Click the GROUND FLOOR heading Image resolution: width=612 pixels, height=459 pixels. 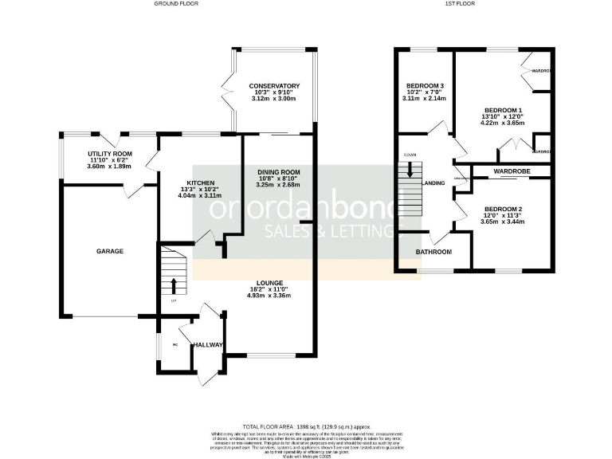coord(176,4)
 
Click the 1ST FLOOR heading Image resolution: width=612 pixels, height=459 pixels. coord(456,4)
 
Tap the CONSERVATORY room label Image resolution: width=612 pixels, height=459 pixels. coord(273,85)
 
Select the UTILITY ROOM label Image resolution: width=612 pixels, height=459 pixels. coord(110,153)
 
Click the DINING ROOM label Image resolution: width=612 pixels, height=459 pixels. coord(278,172)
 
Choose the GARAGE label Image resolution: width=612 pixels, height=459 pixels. coord(110,251)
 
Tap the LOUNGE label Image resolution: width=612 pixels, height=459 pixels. coord(270,282)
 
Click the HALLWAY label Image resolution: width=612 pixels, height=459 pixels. coord(207,344)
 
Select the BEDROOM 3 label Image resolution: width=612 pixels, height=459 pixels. coord(425,85)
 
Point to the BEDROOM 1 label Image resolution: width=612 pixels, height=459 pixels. coord(503,109)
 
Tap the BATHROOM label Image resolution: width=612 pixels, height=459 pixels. coord(433,252)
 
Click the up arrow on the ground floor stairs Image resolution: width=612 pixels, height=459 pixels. coord(173,284)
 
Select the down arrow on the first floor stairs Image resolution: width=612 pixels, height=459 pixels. coord(410,170)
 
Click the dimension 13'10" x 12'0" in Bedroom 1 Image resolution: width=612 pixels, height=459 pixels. coord(503,116)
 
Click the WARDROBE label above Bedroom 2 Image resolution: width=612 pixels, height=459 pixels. coord(512,171)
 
